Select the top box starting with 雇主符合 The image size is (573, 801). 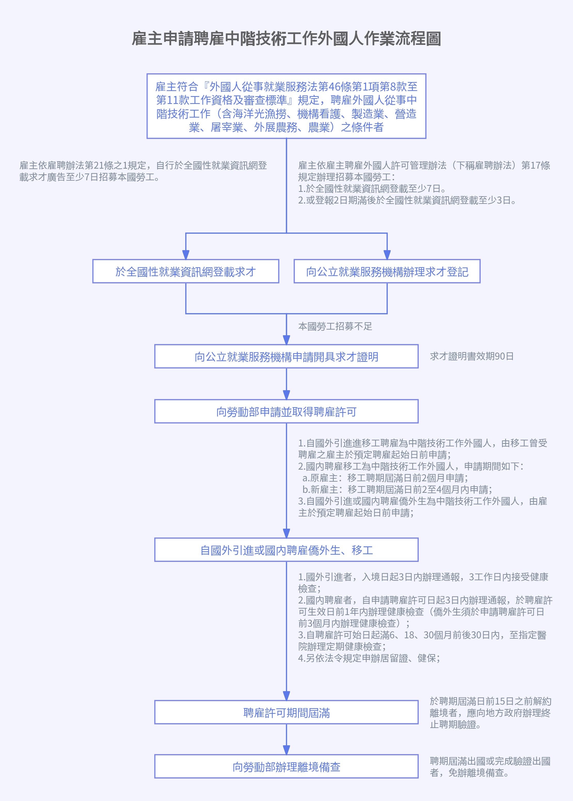click(x=286, y=106)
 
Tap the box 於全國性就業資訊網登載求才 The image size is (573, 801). click(x=186, y=271)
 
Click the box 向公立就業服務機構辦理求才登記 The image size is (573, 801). click(x=387, y=271)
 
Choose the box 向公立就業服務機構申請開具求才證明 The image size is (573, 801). click(x=286, y=356)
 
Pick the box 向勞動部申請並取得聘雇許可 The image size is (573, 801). click(x=286, y=411)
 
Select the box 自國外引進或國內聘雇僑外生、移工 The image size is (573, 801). click(x=286, y=550)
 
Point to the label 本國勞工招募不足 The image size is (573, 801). click(x=335, y=326)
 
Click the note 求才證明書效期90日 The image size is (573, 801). click(x=472, y=356)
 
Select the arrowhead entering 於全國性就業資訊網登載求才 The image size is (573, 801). click(x=186, y=255)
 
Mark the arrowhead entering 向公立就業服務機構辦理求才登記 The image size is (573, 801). click(x=387, y=255)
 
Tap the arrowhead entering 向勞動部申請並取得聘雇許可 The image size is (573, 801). click(x=286, y=395)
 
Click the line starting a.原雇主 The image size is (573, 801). click(x=385, y=478)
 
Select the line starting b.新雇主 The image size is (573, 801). click(x=397, y=490)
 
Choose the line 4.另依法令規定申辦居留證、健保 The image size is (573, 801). click(x=369, y=658)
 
